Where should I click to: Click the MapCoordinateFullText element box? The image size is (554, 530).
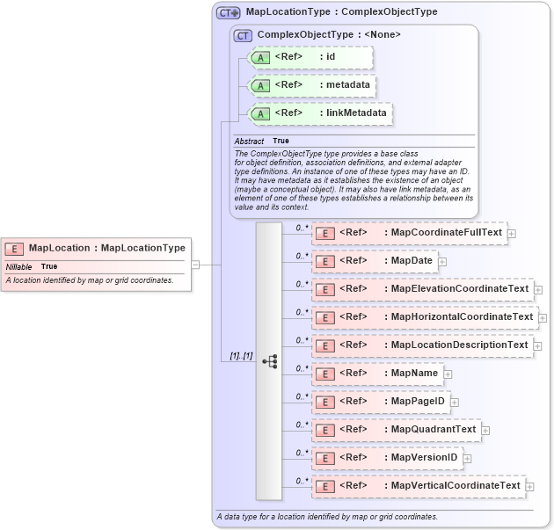point(410,233)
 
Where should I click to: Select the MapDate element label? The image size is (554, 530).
point(411,261)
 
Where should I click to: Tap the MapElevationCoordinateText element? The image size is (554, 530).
point(423,289)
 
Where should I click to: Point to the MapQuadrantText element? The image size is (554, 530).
point(396,430)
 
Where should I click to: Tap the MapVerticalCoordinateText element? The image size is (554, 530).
point(419,486)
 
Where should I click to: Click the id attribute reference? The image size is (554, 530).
point(311,57)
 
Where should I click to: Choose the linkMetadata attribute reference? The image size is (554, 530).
point(320,113)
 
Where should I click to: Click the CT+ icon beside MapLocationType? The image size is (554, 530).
point(229,13)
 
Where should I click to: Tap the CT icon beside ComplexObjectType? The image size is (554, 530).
point(243,35)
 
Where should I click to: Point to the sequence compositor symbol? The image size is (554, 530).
point(269,360)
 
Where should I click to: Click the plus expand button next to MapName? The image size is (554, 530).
point(448,374)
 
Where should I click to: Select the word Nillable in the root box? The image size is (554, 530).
point(19,266)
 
